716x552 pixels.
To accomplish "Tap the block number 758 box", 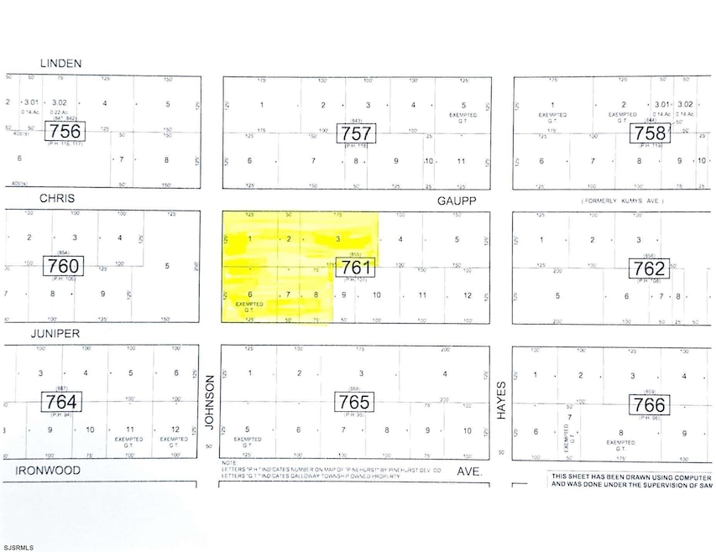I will pyautogui.click(x=649, y=133).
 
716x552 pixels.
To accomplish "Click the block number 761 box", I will pyautogui.click(x=356, y=268).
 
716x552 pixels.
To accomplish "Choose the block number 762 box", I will pyautogui.click(x=649, y=268).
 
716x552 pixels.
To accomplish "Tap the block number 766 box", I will pyautogui.click(x=649, y=404).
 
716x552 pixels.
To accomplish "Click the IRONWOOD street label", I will pyautogui.click(x=51, y=472).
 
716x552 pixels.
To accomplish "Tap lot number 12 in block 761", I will pyautogui.click(x=467, y=294).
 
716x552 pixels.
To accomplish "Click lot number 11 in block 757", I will pyautogui.click(x=461, y=160).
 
